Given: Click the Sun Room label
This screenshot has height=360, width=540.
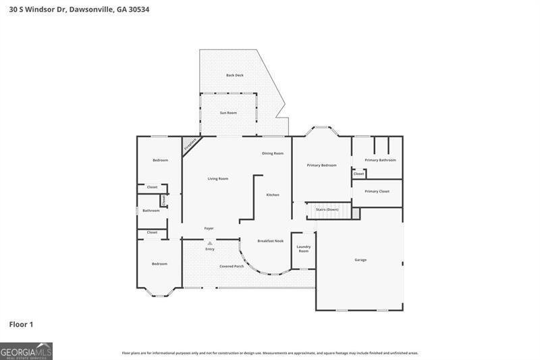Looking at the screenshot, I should point(228,113).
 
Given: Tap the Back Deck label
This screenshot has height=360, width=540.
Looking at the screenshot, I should point(235,75).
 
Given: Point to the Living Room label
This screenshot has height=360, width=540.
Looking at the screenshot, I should point(217,179).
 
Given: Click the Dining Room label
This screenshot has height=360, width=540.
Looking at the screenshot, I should point(273,153).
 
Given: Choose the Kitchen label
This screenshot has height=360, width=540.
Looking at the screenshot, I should point(272,195).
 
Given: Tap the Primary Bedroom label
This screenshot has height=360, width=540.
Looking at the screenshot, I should point(321,165).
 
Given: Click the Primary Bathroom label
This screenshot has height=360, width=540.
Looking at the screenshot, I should point(380,160).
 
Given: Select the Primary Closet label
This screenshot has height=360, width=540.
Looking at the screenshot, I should point(377,191).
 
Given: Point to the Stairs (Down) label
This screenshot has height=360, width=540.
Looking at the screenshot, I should point(327,209).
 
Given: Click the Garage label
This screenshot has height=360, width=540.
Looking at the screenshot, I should point(360,260).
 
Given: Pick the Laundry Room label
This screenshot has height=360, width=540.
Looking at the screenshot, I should point(304,249).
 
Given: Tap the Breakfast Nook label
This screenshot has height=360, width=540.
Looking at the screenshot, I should point(271,240).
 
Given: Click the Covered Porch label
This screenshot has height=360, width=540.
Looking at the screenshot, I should point(232,266).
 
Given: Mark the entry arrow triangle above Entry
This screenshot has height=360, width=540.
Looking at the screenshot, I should point(210,243).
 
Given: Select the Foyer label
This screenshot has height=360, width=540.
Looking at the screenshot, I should point(209,228).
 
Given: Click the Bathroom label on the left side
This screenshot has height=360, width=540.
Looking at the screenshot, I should point(151,211).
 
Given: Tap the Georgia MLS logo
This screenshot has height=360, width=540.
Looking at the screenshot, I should point(26,351).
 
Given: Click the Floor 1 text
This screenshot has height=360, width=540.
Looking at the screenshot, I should point(21,325).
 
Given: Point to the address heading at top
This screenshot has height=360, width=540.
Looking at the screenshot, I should point(74,9).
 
